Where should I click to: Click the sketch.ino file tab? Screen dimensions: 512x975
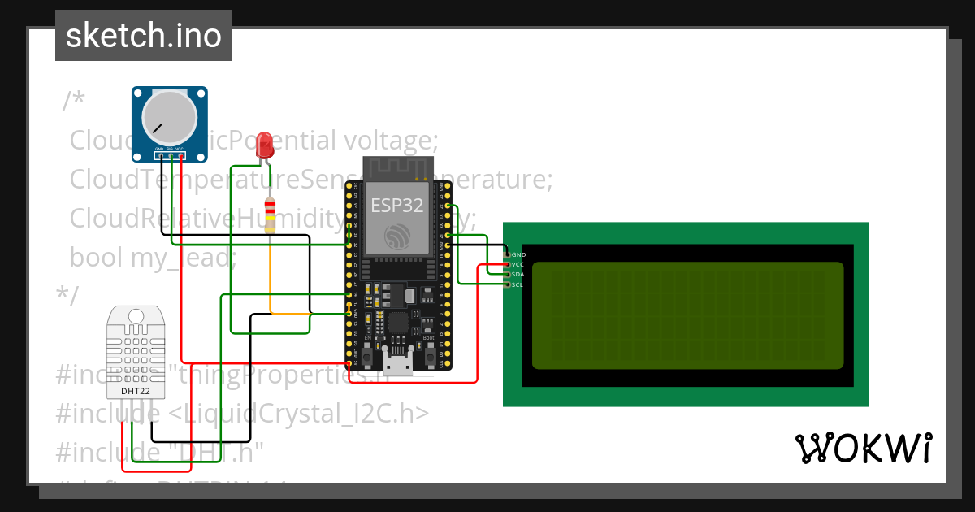[x=143, y=36]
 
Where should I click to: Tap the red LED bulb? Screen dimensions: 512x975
[x=264, y=145]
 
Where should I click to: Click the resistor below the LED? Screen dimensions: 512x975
[x=270, y=215]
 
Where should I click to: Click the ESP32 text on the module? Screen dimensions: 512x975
[x=397, y=206]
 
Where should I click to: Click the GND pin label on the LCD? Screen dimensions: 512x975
[x=518, y=255]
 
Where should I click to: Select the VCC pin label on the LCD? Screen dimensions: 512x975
[x=518, y=265]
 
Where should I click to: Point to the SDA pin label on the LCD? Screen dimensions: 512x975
[x=518, y=275]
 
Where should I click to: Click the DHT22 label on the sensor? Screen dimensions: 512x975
[x=136, y=392]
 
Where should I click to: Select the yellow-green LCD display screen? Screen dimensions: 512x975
[x=687, y=315]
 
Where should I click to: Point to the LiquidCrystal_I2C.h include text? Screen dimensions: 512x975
[x=299, y=414]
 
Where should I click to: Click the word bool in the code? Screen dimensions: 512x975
[x=97, y=258]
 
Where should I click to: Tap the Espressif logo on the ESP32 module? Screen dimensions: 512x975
[x=397, y=236]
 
